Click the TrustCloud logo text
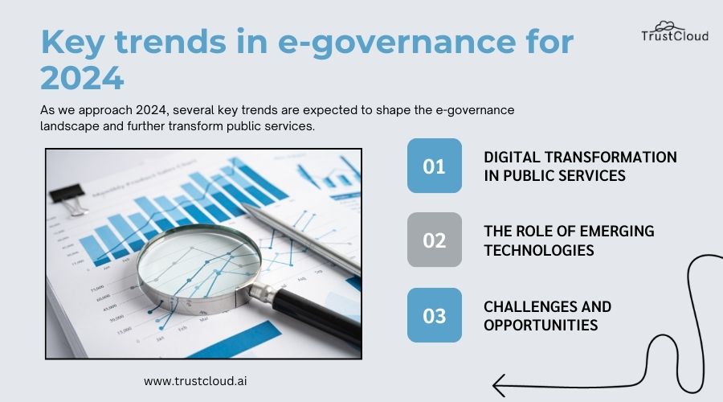[674, 35]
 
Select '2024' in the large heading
[82, 79]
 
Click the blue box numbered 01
[434, 166]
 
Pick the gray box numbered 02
[434, 240]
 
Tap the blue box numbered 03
[434, 315]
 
